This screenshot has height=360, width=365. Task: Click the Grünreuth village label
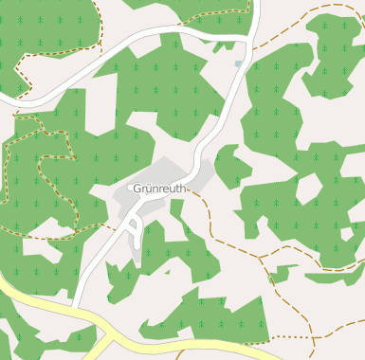pyautogui.click(x=161, y=189)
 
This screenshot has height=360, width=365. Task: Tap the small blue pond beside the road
pyautogui.click(x=239, y=64)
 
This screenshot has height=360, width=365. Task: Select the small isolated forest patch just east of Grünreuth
pyautogui.click(x=231, y=166)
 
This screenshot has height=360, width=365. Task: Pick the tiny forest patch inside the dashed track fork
pyautogui.click(x=279, y=274)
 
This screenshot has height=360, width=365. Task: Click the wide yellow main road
pyautogui.click(x=38, y=303)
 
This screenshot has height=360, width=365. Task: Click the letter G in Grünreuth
pyautogui.click(x=138, y=189)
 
